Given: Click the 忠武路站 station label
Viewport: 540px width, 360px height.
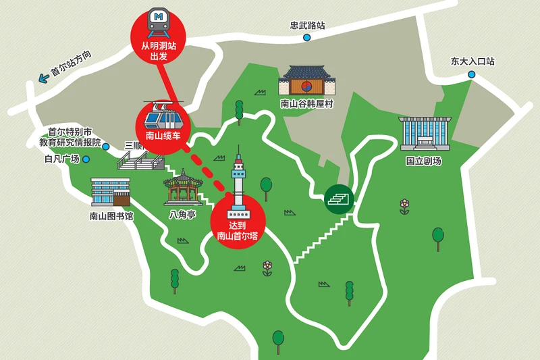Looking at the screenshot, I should [x=307, y=25].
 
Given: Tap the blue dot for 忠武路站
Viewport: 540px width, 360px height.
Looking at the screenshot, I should [x=306, y=38].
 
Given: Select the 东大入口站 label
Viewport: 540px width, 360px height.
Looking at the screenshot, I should [x=473, y=61].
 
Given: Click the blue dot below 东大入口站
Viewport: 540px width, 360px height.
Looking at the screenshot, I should [x=472, y=74].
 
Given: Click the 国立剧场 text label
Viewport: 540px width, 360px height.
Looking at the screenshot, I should [x=423, y=161].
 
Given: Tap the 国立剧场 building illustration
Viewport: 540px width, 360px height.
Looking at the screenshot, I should [x=424, y=133].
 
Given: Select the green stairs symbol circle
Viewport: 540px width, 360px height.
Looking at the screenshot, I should [x=339, y=199].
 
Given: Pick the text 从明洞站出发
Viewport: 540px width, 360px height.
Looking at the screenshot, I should [x=159, y=51].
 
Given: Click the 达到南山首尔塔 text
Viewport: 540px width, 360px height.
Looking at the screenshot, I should [x=238, y=230].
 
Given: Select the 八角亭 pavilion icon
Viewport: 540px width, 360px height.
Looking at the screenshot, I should [x=180, y=187].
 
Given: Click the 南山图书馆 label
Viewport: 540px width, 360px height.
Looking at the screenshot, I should [x=111, y=216].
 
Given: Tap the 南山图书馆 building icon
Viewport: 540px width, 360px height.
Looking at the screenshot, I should [x=110, y=192].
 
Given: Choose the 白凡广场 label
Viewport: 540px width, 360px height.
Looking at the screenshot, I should [x=62, y=159].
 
